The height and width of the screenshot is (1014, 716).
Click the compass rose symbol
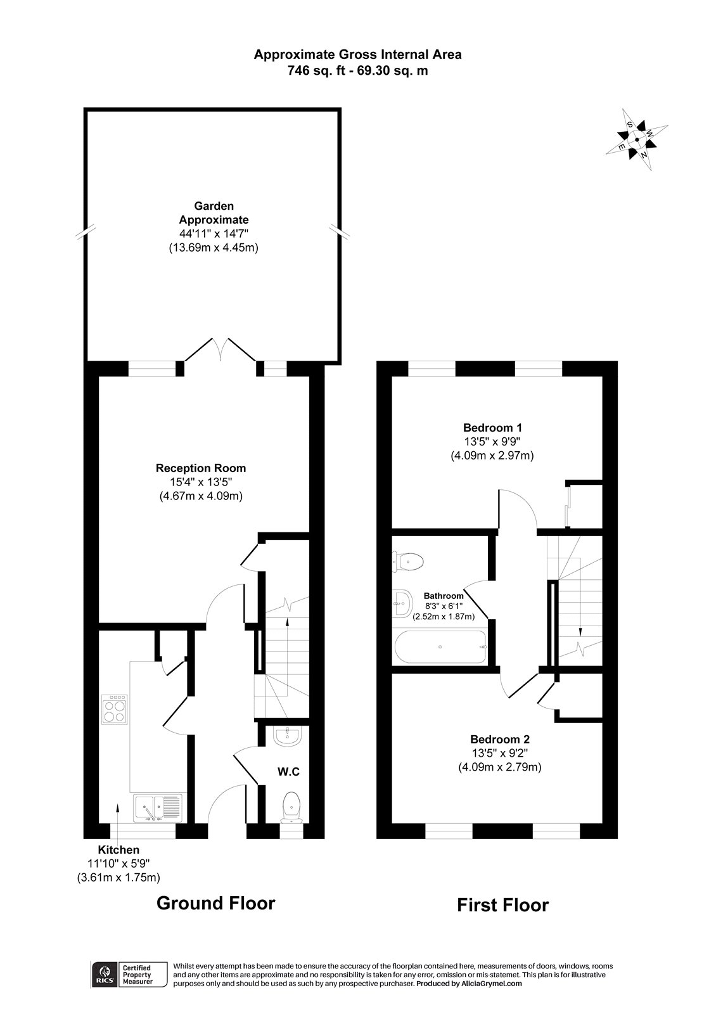click(x=636, y=140)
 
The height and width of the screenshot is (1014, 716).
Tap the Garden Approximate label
click(x=214, y=213)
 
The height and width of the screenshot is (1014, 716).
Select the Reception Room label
click(x=201, y=468)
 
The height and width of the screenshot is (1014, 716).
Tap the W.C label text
click(x=288, y=772)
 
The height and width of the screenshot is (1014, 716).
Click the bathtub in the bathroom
click(x=441, y=647)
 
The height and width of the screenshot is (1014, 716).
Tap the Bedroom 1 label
click(x=492, y=427)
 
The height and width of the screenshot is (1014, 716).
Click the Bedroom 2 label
click(x=499, y=739)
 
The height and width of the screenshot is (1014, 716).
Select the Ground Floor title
click(x=215, y=902)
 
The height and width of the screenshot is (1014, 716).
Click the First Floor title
click(x=502, y=905)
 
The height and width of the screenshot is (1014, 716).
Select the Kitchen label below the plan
click(x=118, y=850)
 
